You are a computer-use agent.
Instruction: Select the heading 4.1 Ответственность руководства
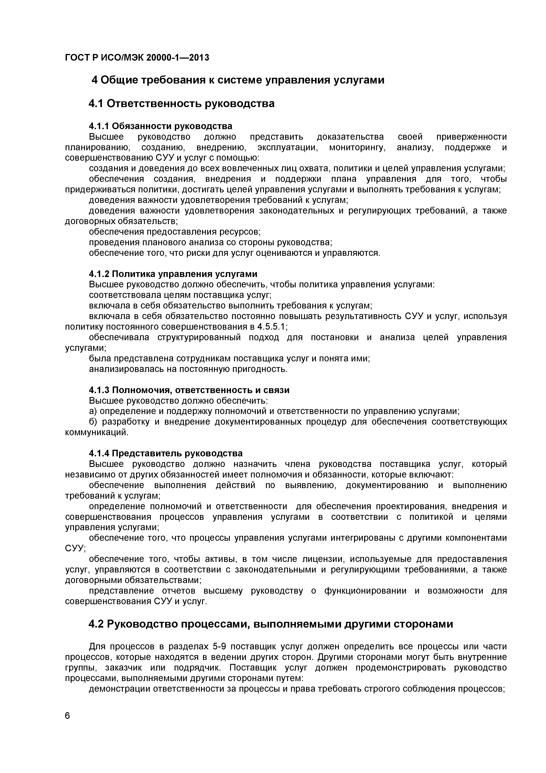(x=181, y=103)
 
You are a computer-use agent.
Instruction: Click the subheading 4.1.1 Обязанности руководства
(x=160, y=126)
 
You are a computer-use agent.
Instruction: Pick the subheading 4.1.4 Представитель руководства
(x=166, y=453)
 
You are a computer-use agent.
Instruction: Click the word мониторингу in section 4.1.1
(x=357, y=147)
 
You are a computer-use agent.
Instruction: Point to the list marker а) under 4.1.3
(x=93, y=411)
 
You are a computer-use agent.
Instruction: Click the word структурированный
(x=199, y=337)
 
